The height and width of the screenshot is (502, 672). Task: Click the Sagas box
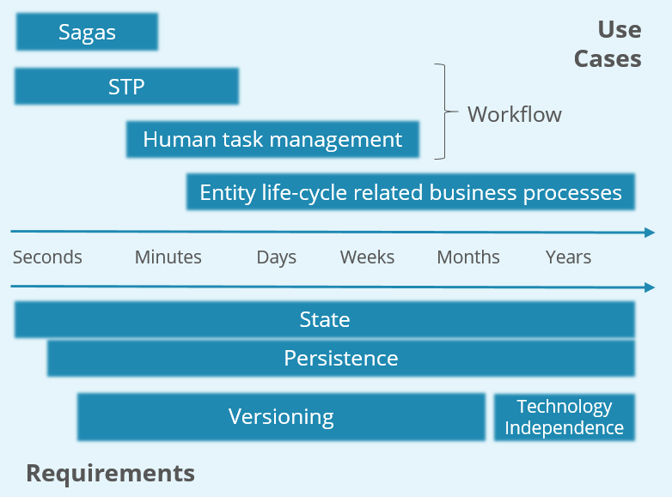coord(87,33)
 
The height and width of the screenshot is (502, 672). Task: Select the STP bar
coord(126,87)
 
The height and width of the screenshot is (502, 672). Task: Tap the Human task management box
coord(272,139)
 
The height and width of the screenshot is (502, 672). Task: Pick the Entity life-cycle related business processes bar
coord(410,192)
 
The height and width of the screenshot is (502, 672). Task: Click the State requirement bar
coord(324,320)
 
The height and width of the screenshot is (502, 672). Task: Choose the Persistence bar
coord(340,358)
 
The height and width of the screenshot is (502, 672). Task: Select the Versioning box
coord(281,417)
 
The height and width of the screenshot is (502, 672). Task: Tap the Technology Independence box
coord(564,417)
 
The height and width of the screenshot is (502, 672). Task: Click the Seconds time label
coord(47,257)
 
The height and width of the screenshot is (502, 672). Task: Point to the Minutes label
coord(168,257)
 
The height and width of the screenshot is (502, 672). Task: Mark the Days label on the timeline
coord(276,257)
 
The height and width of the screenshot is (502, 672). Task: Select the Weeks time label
coord(367,257)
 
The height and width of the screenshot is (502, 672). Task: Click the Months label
coord(467,257)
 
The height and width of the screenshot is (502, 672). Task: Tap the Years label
coord(568,257)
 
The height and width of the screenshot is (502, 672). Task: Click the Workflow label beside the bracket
coord(514,115)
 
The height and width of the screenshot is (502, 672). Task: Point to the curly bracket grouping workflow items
coord(443,112)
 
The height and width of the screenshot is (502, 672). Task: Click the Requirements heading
coord(110,473)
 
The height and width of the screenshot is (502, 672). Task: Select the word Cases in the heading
coord(608,58)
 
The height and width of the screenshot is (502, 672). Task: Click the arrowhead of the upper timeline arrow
coord(649,232)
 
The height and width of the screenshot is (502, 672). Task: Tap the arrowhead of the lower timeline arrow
coord(649,287)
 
